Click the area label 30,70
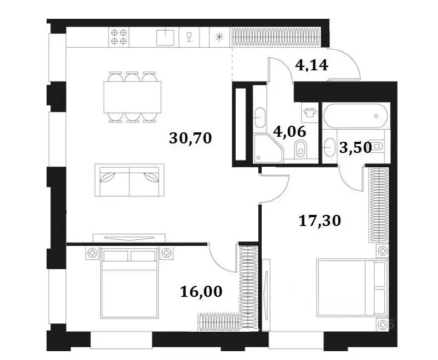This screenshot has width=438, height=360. (x=191, y=138)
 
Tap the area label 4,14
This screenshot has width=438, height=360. (x=312, y=66)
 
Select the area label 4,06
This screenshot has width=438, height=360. (x=289, y=131)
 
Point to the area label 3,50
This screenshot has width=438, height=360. (x=355, y=148)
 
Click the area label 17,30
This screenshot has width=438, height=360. (x=319, y=222)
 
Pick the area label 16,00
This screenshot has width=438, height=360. (x=202, y=291)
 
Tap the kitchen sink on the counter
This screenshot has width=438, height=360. (x=165, y=37)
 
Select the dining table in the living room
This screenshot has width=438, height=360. (x=133, y=97)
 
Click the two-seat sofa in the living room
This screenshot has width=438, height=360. (x=130, y=181)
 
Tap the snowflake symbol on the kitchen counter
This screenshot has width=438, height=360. (x=220, y=37)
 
